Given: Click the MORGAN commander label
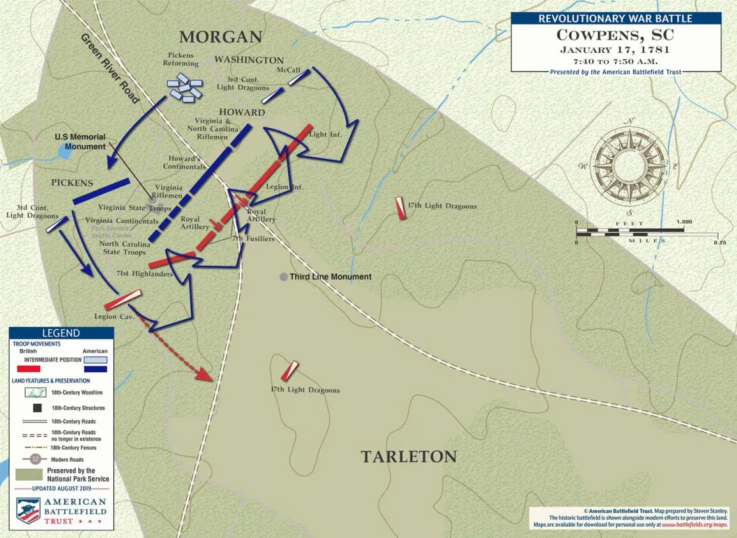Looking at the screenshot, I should click(x=220, y=37).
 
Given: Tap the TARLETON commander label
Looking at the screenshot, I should click(x=408, y=456).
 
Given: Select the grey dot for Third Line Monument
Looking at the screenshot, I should click(x=283, y=277).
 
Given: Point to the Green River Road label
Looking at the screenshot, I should click(x=110, y=68).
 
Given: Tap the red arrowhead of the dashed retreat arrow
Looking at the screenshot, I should click(x=205, y=376).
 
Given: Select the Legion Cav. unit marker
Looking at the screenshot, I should click(x=123, y=299).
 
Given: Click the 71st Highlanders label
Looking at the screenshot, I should click(x=144, y=273).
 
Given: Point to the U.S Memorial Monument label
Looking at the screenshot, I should click(x=80, y=141).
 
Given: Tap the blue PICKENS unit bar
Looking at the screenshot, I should click(x=101, y=191).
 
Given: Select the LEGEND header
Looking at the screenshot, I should click(x=61, y=333).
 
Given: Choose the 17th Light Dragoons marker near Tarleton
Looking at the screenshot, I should click(x=290, y=371).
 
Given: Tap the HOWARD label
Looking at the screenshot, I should click(x=242, y=112).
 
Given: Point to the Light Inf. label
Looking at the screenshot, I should click(x=327, y=135).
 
